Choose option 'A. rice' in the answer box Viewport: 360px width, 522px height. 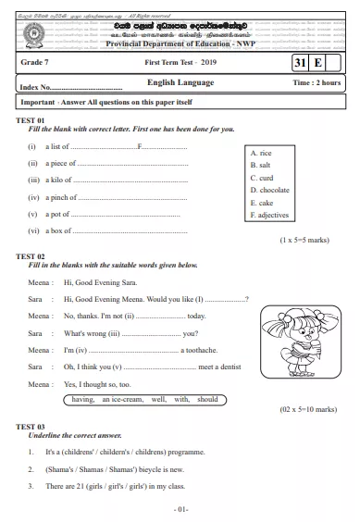tap(262, 152)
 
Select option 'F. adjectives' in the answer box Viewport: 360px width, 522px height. tap(269, 215)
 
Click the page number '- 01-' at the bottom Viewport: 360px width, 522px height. tap(180, 510)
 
